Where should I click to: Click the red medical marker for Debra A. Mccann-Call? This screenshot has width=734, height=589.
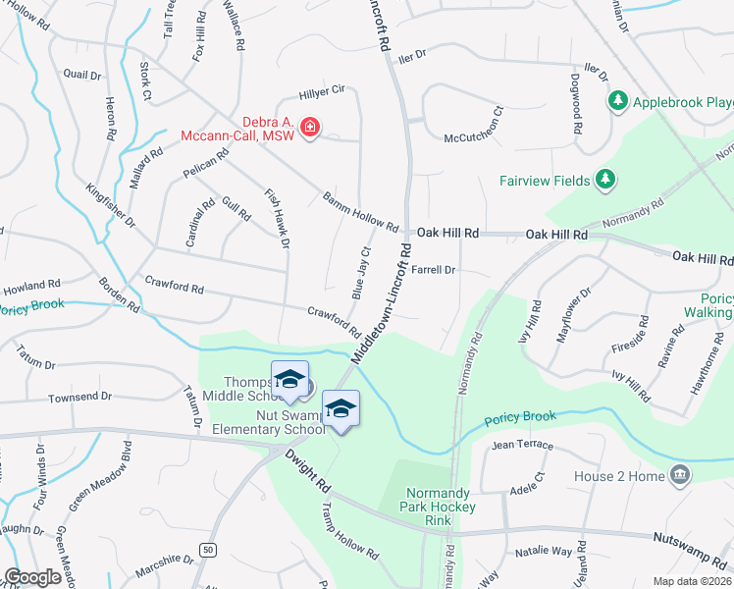pos(310,128)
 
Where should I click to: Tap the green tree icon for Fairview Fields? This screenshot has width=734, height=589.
pos(606,180)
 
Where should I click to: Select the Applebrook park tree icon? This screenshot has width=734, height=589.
pos(618,101)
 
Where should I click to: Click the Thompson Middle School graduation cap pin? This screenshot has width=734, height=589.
pos(289,382)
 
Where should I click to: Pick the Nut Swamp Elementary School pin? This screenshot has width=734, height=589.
pos(341,407)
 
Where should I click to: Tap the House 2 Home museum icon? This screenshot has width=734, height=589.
pos(679,476)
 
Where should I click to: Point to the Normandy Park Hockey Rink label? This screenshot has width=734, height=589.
pos(442,500)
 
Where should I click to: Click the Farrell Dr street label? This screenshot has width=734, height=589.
pos(434,269)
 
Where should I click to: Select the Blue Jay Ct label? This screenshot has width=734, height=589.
pos(359,273)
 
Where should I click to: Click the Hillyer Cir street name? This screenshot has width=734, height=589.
pos(323,89)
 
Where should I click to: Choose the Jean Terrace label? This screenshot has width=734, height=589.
pos(516,445)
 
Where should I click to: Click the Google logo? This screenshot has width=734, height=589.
pos(32,577)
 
